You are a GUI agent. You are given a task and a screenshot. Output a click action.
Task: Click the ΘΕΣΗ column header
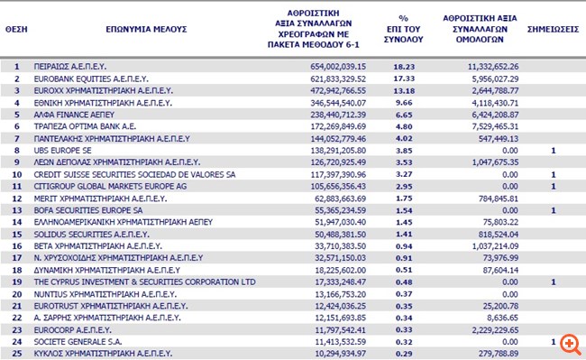(15, 29)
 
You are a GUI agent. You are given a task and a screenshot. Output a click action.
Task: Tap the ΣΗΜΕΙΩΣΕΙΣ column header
(553, 29)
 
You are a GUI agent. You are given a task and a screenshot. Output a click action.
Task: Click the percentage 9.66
(407, 104)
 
